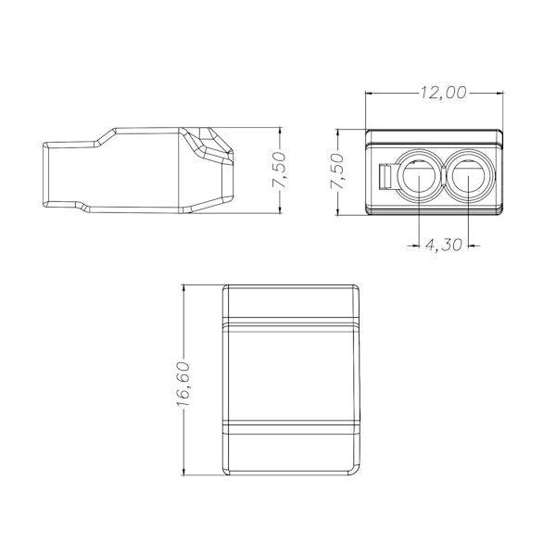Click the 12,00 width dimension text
pyautogui.click(x=443, y=93)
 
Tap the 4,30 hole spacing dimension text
pyautogui.click(x=443, y=245)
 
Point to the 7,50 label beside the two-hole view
pyautogui.click(x=337, y=171)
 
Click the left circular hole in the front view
pyautogui.click(x=419, y=175)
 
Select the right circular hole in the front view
pyautogui.click(x=468, y=175)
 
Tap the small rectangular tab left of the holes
pyautogui.click(x=385, y=176)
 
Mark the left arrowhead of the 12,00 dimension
pyautogui.click(x=369, y=94)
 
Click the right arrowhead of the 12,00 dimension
pyautogui.click(x=500, y=94)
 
